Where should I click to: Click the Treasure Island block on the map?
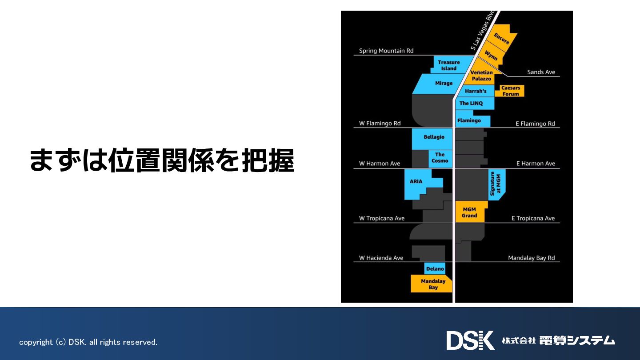click(x=448, y=65)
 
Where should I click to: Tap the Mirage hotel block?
click(x=444, y=83)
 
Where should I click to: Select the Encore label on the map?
click(x=501, y=39)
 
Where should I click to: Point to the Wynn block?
click(x=491, y=56)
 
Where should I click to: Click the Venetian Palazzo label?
click(x=482, y=76)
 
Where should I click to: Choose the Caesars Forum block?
click(x=511, y=91)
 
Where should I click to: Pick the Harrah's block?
click(x=476, y=91)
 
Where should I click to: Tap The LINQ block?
click(x=471, y=103)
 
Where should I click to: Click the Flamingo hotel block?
click(x=469, y=120)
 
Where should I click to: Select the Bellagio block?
click(x=434, y=137)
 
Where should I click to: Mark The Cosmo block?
click(x=440, y=158)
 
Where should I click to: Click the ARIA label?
click(x=416, y=181)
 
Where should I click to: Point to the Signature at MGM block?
click(x=495, y=184)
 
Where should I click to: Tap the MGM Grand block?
click(x=469, y=212)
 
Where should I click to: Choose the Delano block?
click(x=435, y=268)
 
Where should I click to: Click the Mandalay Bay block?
click(x=433, y=284)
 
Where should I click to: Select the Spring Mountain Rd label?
click(x=386, y=51)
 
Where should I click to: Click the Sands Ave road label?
click(x=541, y=72)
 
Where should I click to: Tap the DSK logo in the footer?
click(x=470, y=340)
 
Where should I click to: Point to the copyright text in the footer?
click(x=88, y=342)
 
